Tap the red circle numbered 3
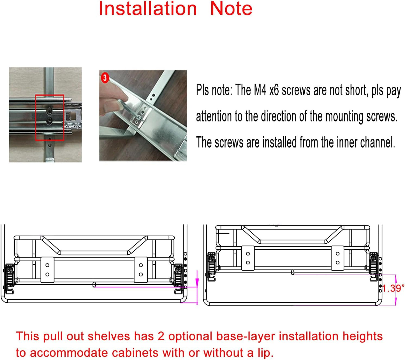point(105,78)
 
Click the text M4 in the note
point(260,90)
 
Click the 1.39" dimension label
point(393,288)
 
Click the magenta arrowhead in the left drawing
point(197,282)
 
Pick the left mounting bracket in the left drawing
point(47,270)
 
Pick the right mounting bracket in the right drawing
point(337,258)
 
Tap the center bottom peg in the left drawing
point(94,284)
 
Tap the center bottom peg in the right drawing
point(292,272)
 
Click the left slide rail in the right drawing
point(212,266)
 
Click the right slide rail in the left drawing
point(178,279)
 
